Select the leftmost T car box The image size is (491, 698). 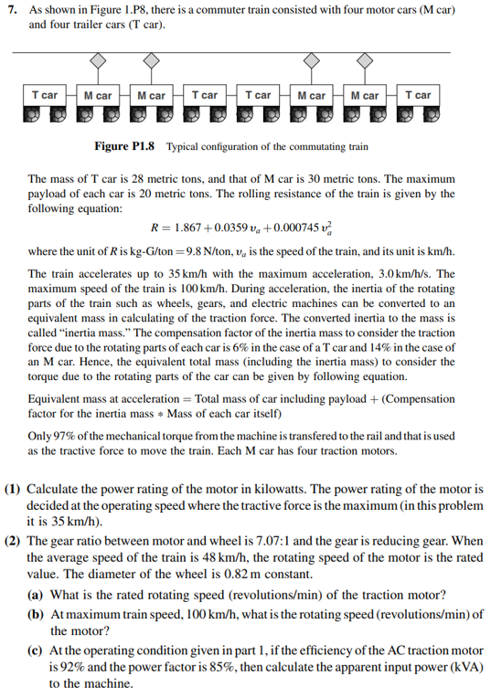coord(44,95)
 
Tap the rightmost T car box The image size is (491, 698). coord(417,95)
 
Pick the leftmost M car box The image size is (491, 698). coord(97,95)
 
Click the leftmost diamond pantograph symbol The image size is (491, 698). coord(99,59)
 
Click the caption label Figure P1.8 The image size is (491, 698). coord(124,146)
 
